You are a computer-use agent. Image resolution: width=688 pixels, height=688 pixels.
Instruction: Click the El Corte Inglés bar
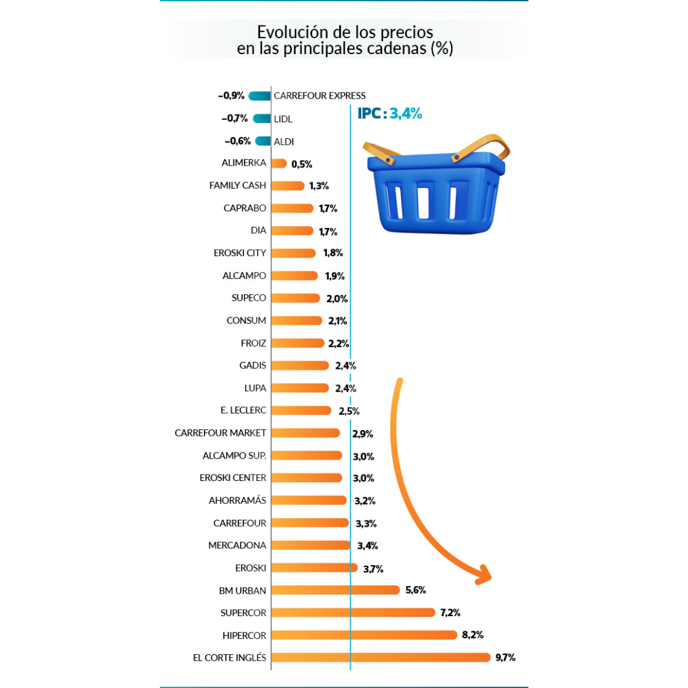pos(381,657)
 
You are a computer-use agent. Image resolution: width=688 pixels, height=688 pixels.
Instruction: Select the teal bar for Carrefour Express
pos(259,96)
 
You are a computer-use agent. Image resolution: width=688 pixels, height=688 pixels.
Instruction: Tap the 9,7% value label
pos(505,657)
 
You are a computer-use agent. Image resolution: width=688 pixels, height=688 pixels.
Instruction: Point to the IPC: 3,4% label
pos(390,114)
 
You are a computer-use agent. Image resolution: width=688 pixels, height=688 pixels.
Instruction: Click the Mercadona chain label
pos(237,545)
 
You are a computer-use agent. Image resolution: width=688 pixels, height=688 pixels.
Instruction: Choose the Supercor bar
pos(353,613)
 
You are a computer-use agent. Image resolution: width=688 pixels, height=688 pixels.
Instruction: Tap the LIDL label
pos(283,119)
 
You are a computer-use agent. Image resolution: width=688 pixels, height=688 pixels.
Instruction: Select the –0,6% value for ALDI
pos(238,141)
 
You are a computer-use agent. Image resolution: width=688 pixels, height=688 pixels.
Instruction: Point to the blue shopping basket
pos(433,191)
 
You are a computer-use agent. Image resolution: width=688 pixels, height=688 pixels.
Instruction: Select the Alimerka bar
pos(279,164)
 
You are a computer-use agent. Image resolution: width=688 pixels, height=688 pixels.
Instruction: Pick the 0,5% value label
pos(301,164)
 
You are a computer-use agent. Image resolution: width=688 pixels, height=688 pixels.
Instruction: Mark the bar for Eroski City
pos(293,253)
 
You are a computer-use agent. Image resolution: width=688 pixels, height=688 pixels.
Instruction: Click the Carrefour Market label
pos(220,433)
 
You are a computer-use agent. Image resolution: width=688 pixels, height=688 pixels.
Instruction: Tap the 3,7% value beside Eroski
pos(373,569)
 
